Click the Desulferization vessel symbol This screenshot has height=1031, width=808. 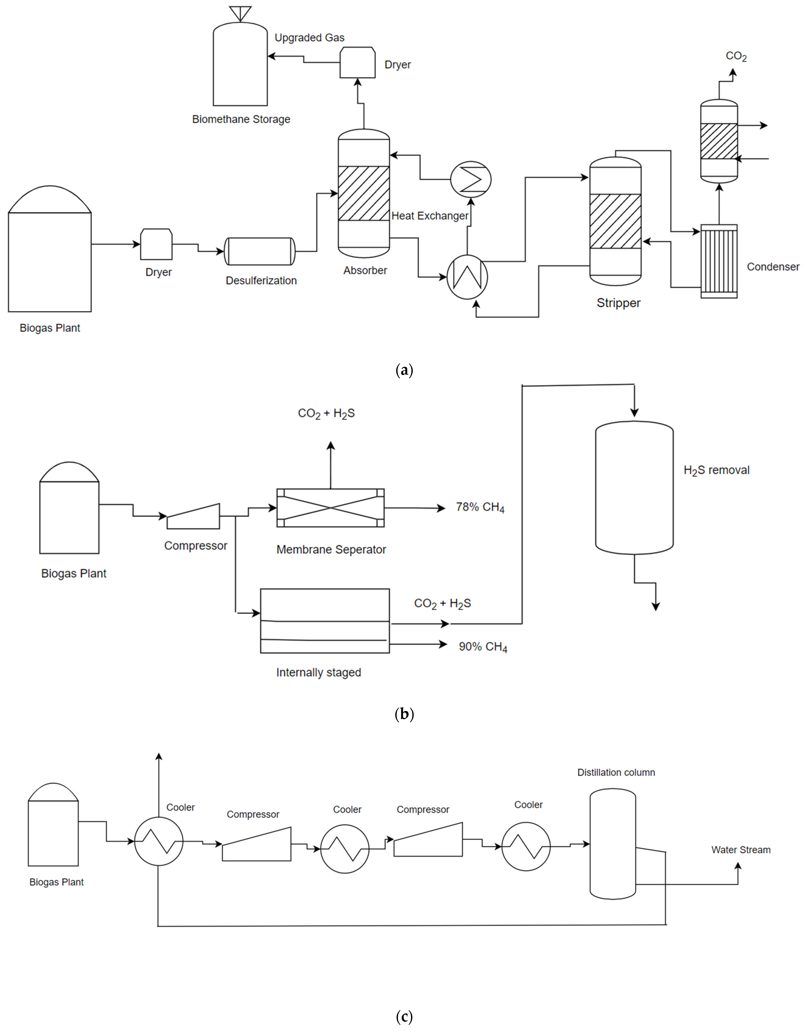click(259, 251)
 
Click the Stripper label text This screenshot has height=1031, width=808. click(618, 303)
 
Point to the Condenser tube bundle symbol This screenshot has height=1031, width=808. click(719, 261)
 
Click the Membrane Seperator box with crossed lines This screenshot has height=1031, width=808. click(330, 508)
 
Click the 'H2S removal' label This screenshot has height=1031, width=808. click(716, 471)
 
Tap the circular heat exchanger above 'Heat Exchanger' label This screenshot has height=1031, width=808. click(471, 179)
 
